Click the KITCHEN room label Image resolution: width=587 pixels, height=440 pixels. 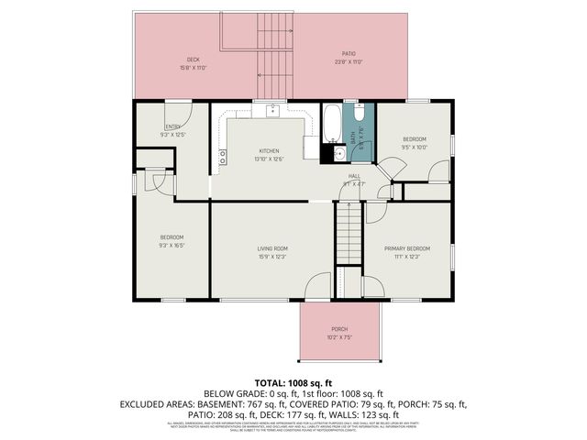pos(269,151)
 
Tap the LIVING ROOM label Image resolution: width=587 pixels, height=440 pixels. pos(271,248)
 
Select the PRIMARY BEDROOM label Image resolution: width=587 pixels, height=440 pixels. pos(406,248)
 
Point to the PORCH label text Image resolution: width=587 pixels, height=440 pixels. pos(339,329)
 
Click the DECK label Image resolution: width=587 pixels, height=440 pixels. pos(194,60)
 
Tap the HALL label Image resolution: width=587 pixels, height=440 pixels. pos(353,177)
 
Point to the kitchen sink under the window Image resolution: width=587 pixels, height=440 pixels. pos(272,111)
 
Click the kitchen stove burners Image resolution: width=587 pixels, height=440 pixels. pos(222,161)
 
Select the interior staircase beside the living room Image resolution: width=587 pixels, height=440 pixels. pos(348,235)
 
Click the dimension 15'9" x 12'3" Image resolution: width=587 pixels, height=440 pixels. pos(271,257)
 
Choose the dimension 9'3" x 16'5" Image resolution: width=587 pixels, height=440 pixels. pos(172,246)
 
